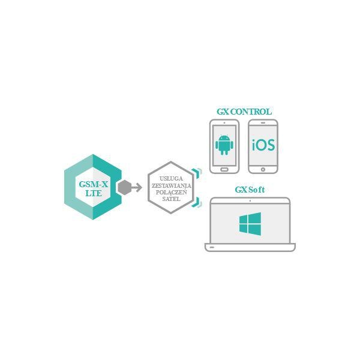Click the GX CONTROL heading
244,112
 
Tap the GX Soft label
250,190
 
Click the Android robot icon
224,145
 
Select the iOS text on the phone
263,145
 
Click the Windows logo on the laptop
250,224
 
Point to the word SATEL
171,199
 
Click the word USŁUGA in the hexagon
171,179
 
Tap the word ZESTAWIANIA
171,185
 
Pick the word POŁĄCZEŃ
171,192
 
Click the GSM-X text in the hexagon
93,184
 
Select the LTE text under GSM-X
94,193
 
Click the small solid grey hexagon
125,188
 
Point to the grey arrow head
139,188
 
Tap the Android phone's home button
224,169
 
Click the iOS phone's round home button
263,170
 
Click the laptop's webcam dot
250,201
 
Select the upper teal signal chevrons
197,173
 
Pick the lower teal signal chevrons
197,202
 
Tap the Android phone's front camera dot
224,123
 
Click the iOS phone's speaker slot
263,123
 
